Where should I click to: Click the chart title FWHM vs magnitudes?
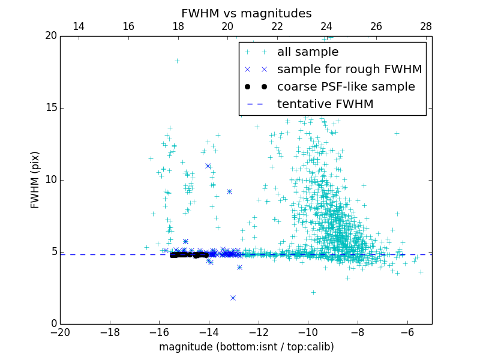[246, 13]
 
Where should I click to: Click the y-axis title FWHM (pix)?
[35, 179]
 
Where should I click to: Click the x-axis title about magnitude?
[246, 347]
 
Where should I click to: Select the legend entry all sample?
[307, 52]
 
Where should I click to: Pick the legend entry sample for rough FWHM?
[349, 70]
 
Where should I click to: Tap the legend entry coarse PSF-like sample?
[346, 87]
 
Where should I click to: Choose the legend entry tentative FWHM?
[325, 104]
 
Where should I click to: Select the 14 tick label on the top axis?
[78, 26]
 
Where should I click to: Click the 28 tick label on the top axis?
[426, 26]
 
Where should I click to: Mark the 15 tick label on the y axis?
[50, 108]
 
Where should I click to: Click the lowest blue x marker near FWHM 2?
[233, 298]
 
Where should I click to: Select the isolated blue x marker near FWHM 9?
[229, 191]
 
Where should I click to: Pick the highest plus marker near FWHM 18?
[177, 61]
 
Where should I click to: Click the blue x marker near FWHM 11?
[208, 166]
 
